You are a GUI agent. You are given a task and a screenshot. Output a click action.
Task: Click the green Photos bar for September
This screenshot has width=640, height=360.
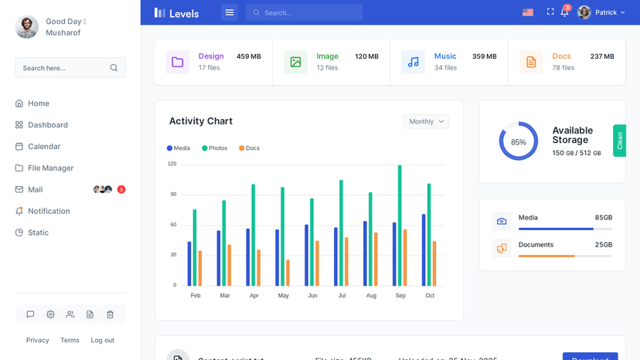pyautogui.click(x=400, y=226)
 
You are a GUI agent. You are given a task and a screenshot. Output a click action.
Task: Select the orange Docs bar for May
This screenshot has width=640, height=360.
pyautogui.click(x=288, y=273)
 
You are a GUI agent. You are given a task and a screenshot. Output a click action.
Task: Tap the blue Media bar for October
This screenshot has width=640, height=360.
pyautogui.click(x=424, y=250)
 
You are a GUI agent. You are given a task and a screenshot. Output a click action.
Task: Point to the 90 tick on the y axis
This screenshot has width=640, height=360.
pyautogui.click(x=173, y=195)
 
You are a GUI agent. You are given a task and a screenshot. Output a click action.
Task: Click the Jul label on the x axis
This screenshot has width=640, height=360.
pyautogui.click(x=342, y=296)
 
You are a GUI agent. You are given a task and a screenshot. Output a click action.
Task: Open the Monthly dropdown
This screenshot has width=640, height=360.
pyautogui.click(x=426, y=121)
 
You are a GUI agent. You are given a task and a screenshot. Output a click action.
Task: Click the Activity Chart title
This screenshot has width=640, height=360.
pyautogui.click(x=201, y=121)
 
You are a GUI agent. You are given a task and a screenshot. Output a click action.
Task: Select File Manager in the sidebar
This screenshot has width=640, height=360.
pyautogui.click(x=50, y=168)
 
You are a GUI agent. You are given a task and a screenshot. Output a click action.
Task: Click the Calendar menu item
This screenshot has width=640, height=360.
pyautogui.click(x=43, y=147)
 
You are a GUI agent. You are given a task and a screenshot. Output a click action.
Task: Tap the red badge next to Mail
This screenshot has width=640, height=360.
pyautogui.click(x=121, y=190)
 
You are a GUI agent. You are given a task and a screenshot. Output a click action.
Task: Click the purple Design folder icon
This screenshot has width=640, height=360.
pyautogui.click(x=178, y=62)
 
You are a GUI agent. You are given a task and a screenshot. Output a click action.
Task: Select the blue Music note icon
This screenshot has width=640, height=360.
pyautogui.click(x=414, y=62)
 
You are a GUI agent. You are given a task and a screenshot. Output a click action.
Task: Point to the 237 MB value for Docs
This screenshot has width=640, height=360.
pyautogui.click(x=602, y=56)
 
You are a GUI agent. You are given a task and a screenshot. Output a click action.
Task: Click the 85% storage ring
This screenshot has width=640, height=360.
pyautogui.click(x=518, y=141)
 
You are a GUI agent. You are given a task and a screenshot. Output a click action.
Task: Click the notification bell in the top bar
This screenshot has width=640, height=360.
pyautogui.click(x=564, y=12)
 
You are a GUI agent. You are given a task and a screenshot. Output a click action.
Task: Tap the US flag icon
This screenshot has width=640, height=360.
pyautogui.click(x=528, y=12)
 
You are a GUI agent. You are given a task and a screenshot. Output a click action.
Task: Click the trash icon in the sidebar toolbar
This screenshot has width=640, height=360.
pyautogui.click(x=110, y=314)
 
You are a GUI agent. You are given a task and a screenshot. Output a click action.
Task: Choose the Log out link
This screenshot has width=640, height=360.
pyautogui.click(x=102, y=341)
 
